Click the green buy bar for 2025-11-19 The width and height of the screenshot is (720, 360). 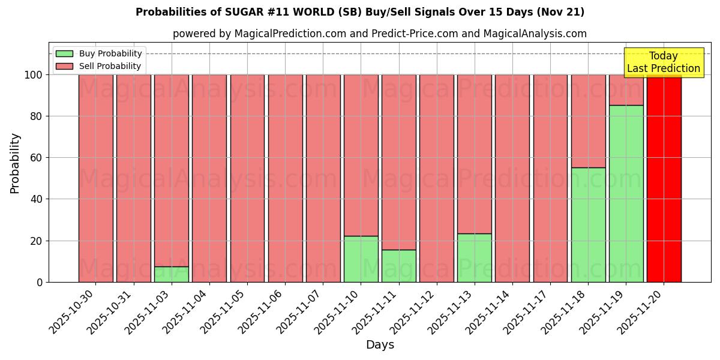point(626,193)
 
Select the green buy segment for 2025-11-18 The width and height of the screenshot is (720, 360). point(588,224)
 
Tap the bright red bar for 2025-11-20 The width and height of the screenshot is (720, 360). point(664,178)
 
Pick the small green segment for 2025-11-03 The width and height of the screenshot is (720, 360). point(172,274)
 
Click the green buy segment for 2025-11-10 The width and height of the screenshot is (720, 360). point(361,259)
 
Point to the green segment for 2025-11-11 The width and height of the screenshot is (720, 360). point(398,266)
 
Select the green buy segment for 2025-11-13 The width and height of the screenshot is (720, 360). point(474,257)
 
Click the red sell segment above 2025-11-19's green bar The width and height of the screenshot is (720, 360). point(626,90)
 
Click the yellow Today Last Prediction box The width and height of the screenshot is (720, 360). point(663,62)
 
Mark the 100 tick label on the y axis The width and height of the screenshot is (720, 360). point(33,75)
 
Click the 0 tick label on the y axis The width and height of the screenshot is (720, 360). point(40,282)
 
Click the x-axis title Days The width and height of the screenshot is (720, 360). point(380,345)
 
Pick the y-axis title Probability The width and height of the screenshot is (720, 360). point(15,163)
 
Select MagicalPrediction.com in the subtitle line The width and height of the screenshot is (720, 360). point(289,34)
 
